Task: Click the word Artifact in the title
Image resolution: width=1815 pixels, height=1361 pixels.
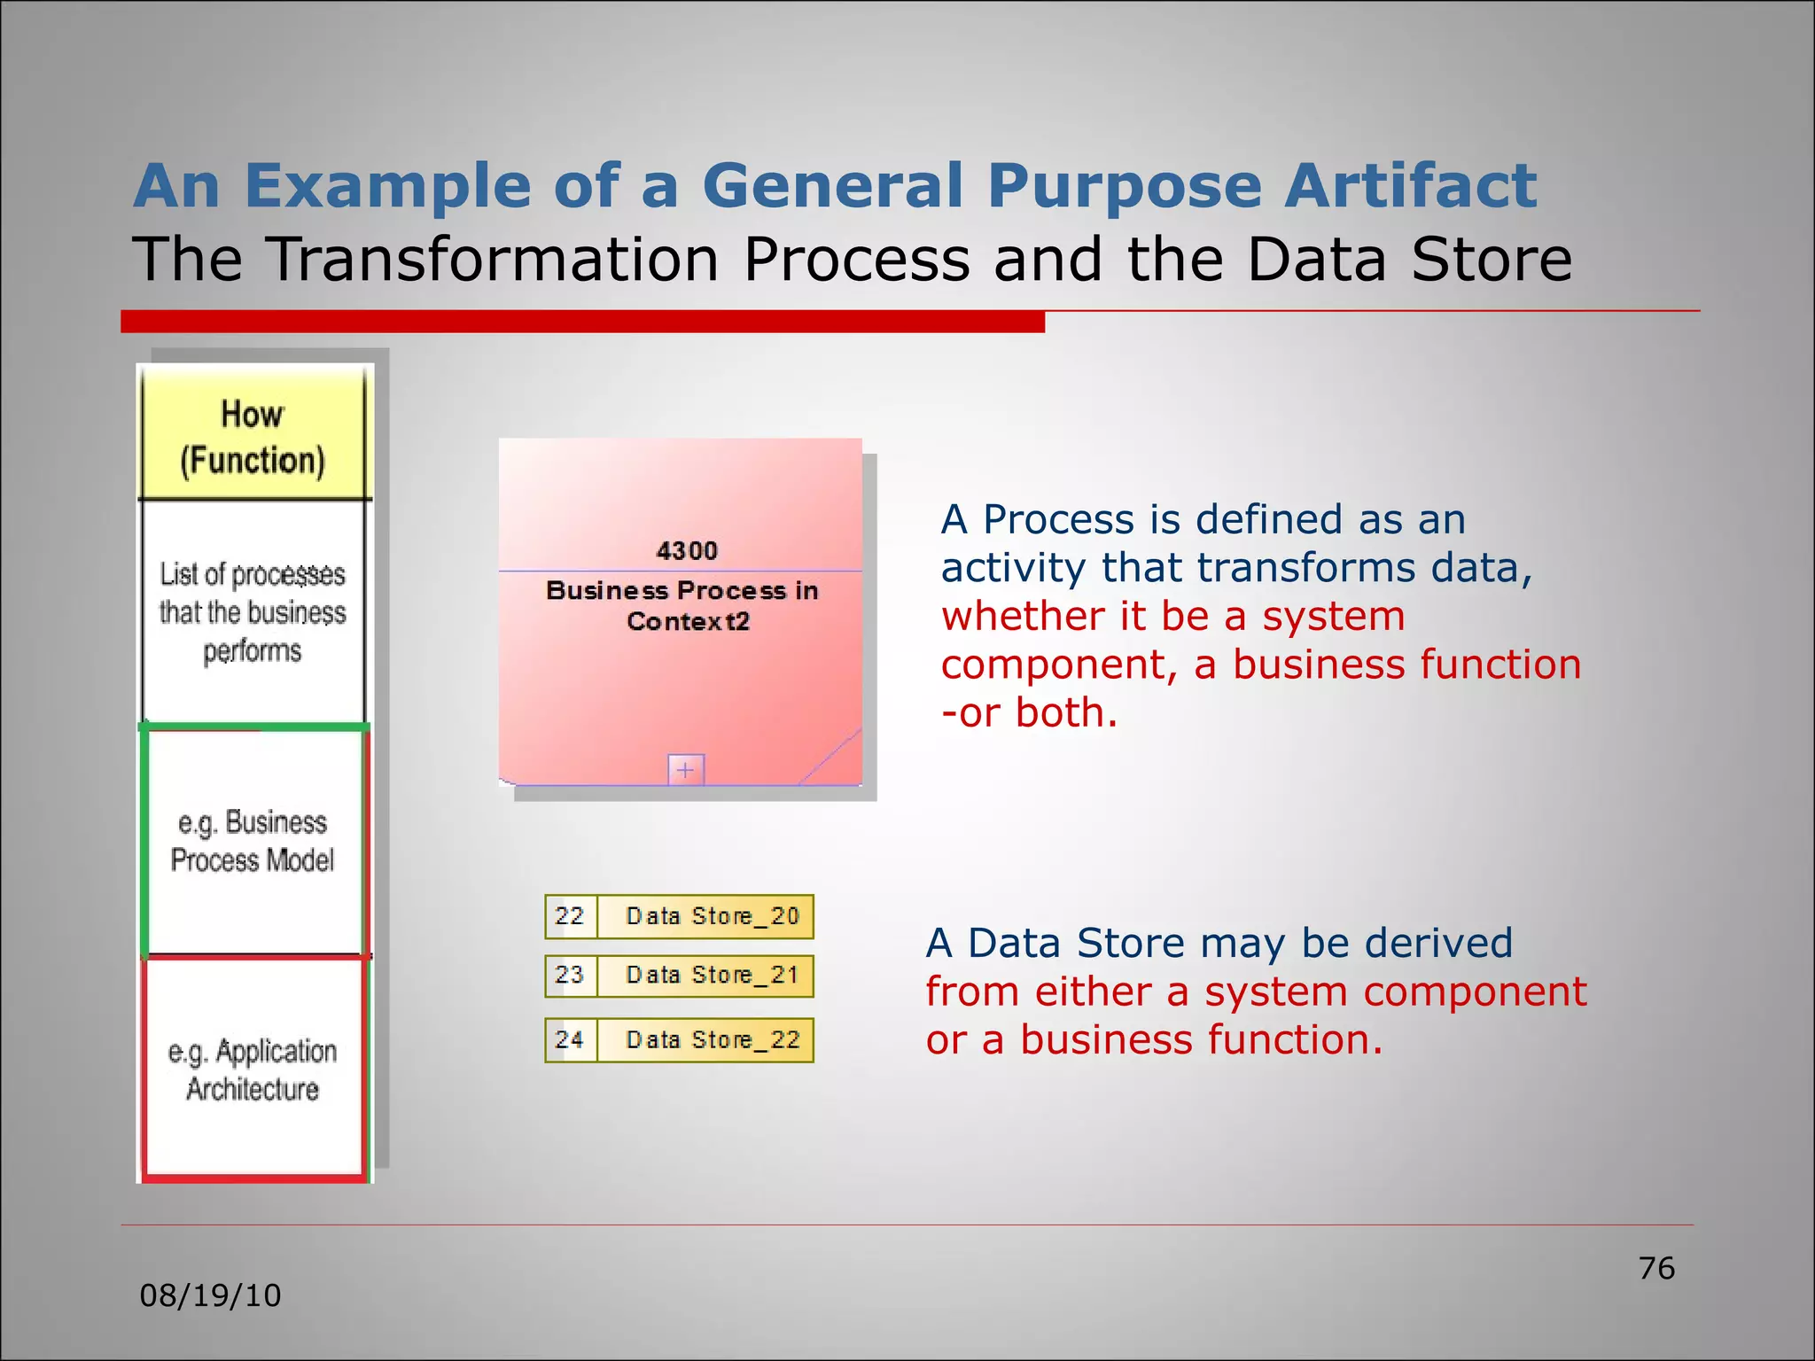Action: pos(1411,186)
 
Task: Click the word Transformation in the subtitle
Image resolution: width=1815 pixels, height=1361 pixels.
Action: pos(493,260)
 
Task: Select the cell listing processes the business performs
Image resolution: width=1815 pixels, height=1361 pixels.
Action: pos(253,612)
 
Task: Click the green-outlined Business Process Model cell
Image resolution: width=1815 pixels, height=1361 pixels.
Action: pos(253,841)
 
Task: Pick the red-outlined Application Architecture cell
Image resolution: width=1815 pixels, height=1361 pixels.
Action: pos(253,1069)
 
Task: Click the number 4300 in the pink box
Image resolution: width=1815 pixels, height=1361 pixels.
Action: pos(687,551)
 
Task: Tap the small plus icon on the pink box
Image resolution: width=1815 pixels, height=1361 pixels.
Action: pos(686,770)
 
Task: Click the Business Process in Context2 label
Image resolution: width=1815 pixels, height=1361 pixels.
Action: pos(682,606)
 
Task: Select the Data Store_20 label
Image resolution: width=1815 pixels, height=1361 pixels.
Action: pos(713,916)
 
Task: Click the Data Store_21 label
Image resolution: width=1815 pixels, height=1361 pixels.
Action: pos(713,976)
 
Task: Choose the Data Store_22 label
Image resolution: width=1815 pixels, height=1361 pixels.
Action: pos(713,1040)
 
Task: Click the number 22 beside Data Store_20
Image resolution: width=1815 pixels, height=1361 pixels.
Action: pos(570,916)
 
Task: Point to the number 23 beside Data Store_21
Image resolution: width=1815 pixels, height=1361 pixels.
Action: pos(570,976)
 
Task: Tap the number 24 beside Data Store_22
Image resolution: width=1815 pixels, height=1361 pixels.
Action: pos(570,1040)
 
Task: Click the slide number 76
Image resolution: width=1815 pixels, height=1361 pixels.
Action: pos(1656,1269)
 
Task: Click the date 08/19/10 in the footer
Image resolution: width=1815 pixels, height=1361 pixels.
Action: pos(210,1296)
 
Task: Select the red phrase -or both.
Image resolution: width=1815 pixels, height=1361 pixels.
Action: pos(1029,713)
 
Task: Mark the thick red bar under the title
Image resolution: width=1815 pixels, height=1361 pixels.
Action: pos(582,322)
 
